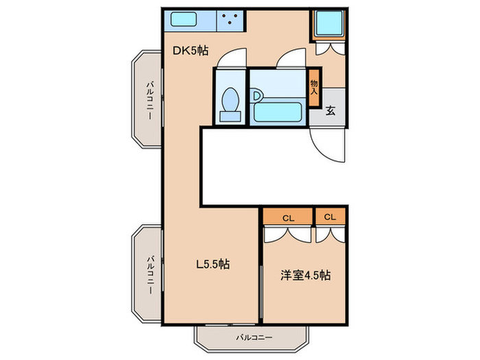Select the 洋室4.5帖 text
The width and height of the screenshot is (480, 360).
tap(306, 276)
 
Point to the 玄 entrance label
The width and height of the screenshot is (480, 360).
tap(331, 110)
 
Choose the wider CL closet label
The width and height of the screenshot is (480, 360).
tap(288, 217)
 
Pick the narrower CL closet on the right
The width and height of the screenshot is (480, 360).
tap(331, 217)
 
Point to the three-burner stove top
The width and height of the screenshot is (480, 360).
tap(232, 21)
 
